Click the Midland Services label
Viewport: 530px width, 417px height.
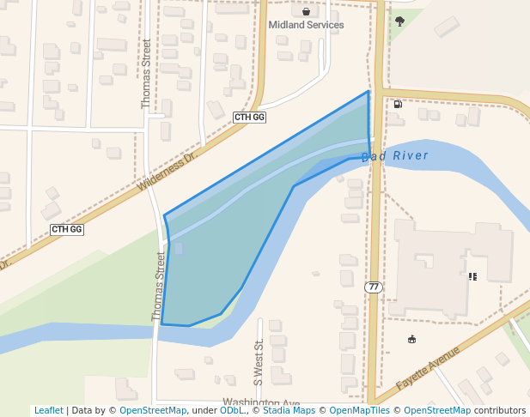(306, 25)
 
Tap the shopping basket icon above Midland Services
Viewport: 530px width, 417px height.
(306, 12)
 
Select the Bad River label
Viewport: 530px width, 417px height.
(394, 156)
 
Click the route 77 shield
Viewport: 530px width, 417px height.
(373, 287)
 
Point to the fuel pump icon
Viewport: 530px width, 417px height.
(398, 105)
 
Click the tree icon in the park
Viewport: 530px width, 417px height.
(399, 21)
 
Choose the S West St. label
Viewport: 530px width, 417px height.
(257, 361)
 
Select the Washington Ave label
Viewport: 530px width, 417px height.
(260, 403)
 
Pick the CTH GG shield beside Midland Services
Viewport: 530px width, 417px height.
(249, 117)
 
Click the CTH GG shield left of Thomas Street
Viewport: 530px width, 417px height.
(66, 229)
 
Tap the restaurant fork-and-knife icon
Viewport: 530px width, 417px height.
(472, 276)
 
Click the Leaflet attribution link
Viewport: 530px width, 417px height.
(48, 411)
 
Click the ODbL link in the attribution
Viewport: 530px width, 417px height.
(232, 411)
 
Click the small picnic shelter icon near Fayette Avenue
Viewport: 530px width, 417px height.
(411, 339)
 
